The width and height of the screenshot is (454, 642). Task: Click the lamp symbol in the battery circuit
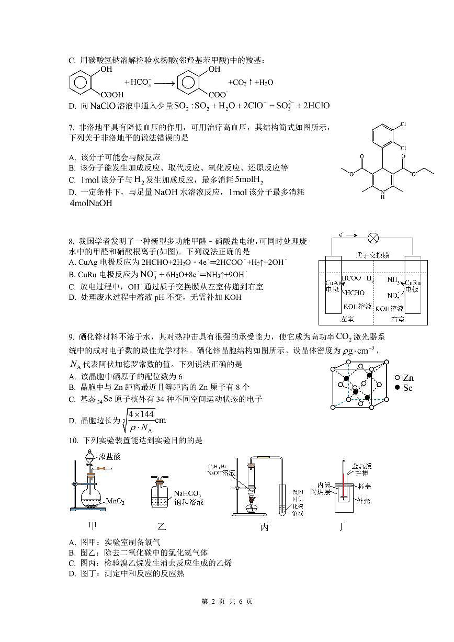(x=373, y=239)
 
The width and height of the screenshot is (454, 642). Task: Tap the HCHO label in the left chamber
(x=354, y=293)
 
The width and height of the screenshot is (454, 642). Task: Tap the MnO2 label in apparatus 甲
(x=115, y=501)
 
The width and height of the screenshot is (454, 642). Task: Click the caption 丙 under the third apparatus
(x=265, y=527)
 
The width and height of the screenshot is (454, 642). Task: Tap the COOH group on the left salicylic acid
(x=112, y=95)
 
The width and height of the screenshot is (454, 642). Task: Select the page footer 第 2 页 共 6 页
(x=227, y=602)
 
